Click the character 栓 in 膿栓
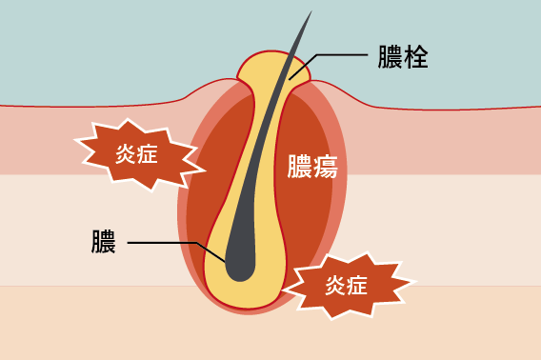[416, 59]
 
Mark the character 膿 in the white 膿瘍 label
[298, 169]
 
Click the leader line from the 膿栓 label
[343, 55]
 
